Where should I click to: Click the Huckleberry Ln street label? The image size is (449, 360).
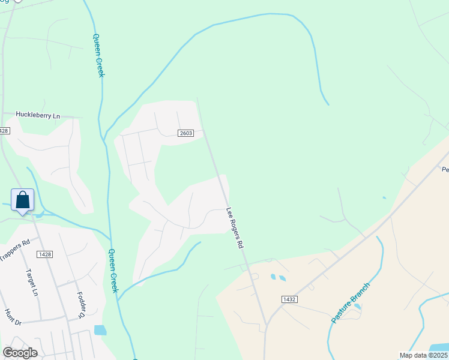[38, 115]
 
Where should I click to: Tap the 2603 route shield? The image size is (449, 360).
[185, 133]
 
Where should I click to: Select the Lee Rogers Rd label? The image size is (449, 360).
[235, 228]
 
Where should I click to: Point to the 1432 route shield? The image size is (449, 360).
[289, 298]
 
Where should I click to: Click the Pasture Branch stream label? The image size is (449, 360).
[351, 303]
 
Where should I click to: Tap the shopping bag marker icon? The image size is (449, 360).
[22, 200]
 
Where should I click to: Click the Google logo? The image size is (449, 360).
[20, 353]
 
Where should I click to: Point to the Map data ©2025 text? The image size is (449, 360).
[423, 355]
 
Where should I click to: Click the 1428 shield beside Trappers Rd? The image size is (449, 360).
[44, 254]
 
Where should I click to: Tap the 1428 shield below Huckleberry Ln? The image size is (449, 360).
[4, 131]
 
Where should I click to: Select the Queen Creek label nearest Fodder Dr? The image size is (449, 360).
[113, 271]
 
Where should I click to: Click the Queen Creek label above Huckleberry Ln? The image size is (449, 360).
[98, 55]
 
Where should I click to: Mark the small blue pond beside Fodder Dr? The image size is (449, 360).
[100, 330]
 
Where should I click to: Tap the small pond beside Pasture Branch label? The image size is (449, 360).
[358, 307]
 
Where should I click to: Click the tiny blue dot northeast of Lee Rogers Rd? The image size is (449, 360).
[384, 197]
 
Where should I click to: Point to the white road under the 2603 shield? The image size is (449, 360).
[180, 140]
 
